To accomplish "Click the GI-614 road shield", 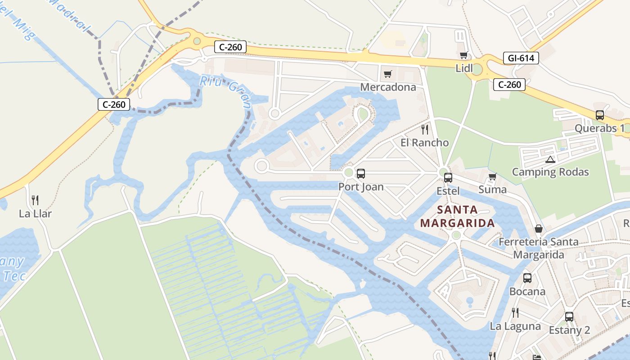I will point(521,58).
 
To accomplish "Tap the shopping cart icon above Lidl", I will point(463,55).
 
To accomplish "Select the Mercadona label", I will point(388,87).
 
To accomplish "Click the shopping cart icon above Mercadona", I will point(387,74).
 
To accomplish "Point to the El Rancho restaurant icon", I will point(424,130).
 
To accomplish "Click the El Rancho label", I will point(424,143).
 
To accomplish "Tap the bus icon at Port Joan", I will point(360,174).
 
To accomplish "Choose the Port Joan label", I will point(361,186).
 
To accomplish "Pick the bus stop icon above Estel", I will point(448,178).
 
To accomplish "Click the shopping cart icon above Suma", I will point(492,176).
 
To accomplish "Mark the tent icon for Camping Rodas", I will point(550,159).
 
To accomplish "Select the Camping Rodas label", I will point(550,172).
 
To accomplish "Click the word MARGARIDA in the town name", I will point(457,223).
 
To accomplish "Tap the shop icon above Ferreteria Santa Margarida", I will point(538,229).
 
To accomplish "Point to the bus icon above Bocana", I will point(527,278).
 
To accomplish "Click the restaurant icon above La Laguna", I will point(515,313).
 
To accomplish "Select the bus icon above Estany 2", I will point(569,317).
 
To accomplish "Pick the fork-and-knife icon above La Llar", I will point(35,200).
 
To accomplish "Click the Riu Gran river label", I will point(225,91).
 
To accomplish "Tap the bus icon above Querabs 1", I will point(599,115).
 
